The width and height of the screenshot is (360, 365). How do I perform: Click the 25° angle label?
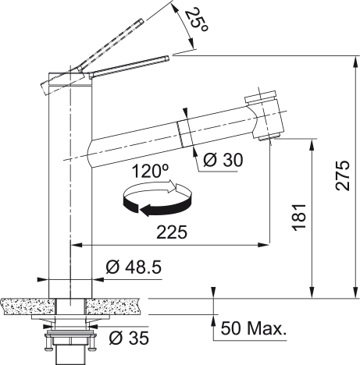coord(197,20)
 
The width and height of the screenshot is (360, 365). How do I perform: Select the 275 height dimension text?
coord(343,175)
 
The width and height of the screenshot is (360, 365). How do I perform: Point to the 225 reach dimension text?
coord(172,232)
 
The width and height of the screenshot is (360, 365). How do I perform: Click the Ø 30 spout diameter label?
coord(223,160)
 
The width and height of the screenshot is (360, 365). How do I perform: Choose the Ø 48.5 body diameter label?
coord(134,267)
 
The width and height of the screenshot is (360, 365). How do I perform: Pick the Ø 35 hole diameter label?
coord(129,338)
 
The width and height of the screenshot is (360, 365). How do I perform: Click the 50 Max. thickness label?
coord(254,328)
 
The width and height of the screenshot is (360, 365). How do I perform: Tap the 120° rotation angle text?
coord(150,171)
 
